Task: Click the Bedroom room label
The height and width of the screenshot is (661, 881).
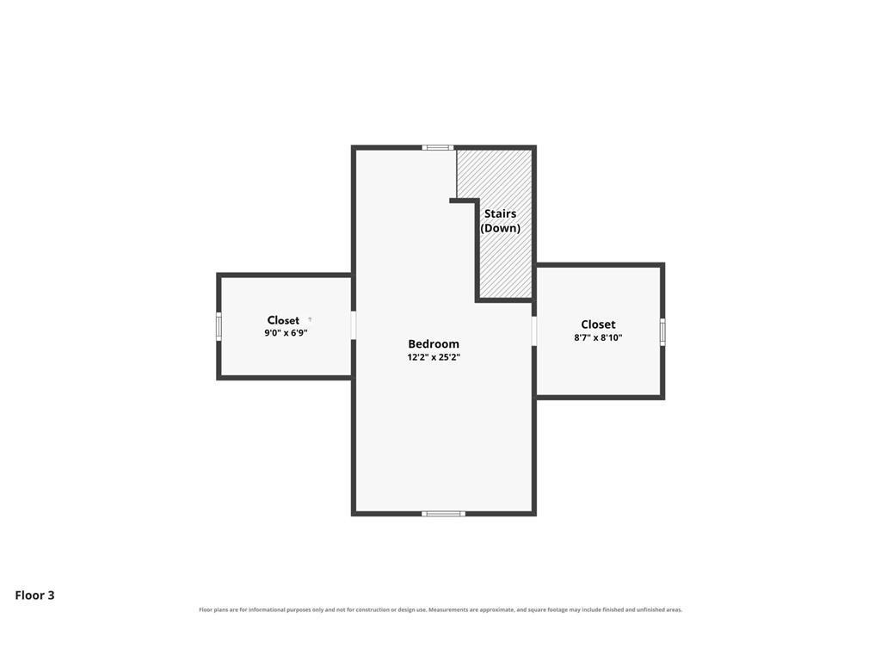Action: pyautogui.click(x=434, y=344)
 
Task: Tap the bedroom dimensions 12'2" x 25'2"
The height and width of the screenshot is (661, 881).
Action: pyautogui.click(x=434, y=357)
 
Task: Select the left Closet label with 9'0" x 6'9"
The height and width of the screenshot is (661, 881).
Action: pyautogui.click(x=283, y=320)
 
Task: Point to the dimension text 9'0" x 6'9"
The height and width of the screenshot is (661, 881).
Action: pyautogui.click(x=286, y=333)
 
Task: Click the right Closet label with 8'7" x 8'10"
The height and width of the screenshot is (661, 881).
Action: pyautogui.click(x=598, y=324)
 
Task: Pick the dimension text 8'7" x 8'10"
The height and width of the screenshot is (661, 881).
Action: pyautogui.click(x=598, y=337)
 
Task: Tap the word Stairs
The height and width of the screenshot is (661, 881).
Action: pyautogui.click(x=500, y=213)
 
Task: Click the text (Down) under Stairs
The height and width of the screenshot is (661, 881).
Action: pyautogui.click(x=500, y=228)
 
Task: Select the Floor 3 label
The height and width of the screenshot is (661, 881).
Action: pyautogui.click(x=34, y=596)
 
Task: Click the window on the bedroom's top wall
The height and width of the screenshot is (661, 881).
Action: pyautogui.click(x=438, y=148)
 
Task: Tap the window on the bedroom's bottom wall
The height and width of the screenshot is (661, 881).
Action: pyautogui.click(x=443, y=514)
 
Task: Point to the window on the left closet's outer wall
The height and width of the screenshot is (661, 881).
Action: pyautogui.click(x=219, y=326)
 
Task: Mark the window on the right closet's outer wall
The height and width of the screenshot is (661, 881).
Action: pyautogui.click(x=662, y=331)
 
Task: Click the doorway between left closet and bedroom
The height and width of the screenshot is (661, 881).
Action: pyautogui.click(x=354, y=325)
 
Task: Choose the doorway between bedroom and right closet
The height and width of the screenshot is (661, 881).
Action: pyautogui.click(x=533, y=330)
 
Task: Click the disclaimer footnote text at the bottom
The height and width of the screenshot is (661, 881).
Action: pyautogui.click(x=440, y=610)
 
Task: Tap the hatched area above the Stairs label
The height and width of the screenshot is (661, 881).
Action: pyautogui.click(x=493, y=174)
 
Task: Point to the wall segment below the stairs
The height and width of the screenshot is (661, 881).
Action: pyautogui.click(x=504, y=300)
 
